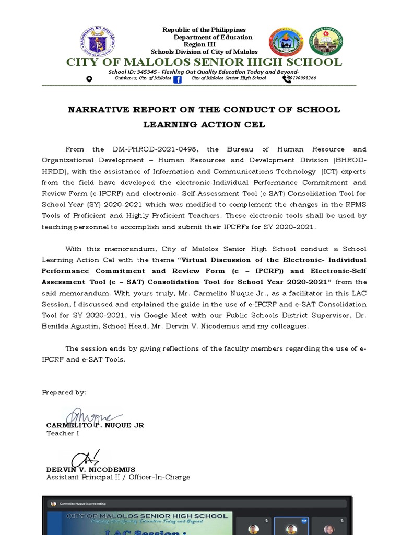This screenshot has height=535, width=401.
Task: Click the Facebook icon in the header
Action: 177,79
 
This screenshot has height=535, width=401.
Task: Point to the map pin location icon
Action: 89,79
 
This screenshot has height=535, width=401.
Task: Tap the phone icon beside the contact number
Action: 287,79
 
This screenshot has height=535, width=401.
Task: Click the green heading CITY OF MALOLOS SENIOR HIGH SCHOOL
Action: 204,63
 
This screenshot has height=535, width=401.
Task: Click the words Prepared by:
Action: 64,392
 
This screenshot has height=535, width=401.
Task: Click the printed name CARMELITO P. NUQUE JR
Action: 95,425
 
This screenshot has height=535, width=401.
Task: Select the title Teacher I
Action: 60,433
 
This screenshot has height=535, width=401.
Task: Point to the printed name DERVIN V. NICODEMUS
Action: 91,469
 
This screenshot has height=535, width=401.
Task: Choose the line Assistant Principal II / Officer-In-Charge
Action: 118,477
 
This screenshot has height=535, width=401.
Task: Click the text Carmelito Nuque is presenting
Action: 82,504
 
